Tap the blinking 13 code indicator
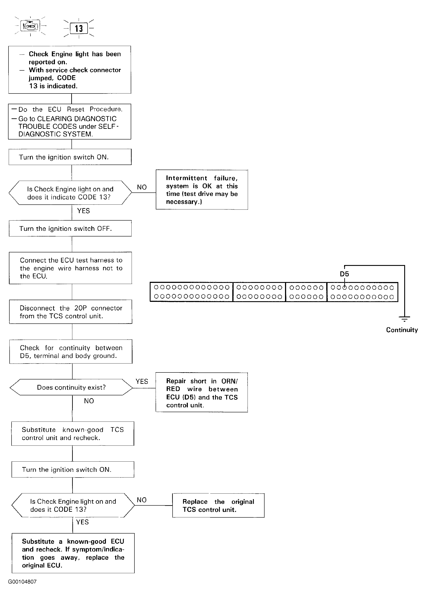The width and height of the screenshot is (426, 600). tap(79, 28)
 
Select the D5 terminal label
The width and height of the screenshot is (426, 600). tap(345, 274)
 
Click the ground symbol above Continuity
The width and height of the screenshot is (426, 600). tap(404, 319)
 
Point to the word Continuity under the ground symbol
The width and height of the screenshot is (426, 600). tap(402, 330)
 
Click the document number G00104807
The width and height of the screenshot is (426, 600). tap(22, 589)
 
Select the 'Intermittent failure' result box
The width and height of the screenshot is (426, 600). tap(202, 189)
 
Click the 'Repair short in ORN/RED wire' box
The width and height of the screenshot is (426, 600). tap(202, 392)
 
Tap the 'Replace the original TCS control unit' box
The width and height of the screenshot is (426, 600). tap(218, 505)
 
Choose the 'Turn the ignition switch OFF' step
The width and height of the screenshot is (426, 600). tap(70, 228)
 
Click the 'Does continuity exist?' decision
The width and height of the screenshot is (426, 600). tap(71, 387)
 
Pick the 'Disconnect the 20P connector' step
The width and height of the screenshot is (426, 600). tap(71, 312)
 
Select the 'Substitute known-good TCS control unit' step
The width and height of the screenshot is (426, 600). tap(73, 433)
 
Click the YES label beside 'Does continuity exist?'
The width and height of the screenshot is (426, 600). tap(142, 381)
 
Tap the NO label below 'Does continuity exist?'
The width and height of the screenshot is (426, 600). tap(89, 401)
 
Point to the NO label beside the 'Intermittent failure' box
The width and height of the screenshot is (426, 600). tap(142, 187)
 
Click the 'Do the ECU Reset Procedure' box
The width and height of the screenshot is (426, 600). tap(70, 121)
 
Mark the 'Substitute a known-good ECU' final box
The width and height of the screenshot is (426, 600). tap(73, 553)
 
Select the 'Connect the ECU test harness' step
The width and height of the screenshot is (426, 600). tap(70, 268)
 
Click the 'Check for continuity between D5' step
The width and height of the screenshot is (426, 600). tap(71, 352)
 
